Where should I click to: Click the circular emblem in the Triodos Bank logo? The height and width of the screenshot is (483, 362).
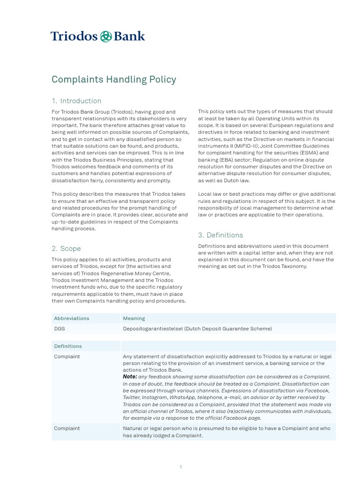[x=106, y=36]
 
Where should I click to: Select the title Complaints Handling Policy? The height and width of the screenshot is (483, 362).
[x=114, y=79]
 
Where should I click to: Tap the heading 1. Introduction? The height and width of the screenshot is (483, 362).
[x=76, y=101]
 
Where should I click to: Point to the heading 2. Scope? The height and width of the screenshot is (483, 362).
[x=66, y=249]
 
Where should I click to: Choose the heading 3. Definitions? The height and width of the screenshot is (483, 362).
[x=221, y=235]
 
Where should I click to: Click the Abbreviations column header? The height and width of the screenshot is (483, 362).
[x=72, y=318]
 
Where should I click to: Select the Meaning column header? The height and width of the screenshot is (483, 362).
[x=134, y=318]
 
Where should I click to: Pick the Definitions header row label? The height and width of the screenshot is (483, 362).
[x=68, y=346]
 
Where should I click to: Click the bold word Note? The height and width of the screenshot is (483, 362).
[x=130, y=377]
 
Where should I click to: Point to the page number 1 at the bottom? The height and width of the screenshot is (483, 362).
[x=181, y=467]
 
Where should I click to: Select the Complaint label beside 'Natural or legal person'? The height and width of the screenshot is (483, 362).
[x=67, y=428]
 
